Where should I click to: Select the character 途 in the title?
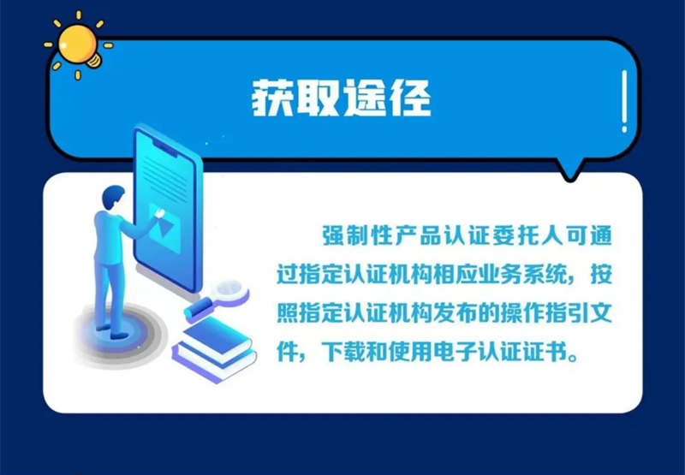[x=365, y=98]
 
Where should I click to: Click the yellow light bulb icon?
[x=79, y=46]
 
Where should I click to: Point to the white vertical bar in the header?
[x=624, y=101]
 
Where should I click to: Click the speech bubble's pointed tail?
[x=569, y=171]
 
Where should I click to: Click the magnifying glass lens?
[x=229, y=289]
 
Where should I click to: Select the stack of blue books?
[x=214, y=349]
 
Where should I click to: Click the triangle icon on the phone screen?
[x=166, y=226]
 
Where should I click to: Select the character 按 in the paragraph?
[x=602, y=275]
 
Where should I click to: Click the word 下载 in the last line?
[x=343, y=353]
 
